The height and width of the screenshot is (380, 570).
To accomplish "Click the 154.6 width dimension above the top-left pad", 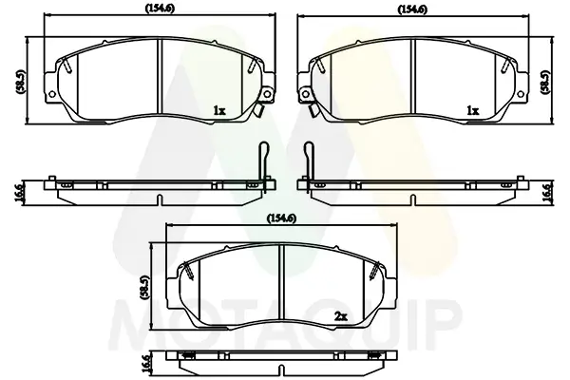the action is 160,8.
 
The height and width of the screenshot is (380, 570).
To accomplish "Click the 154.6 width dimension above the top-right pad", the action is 413,9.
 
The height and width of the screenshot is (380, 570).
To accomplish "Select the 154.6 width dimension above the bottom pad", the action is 281,218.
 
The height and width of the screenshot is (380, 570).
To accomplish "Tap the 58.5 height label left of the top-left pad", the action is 21,82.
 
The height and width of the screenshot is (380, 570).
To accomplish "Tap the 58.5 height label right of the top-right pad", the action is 545,82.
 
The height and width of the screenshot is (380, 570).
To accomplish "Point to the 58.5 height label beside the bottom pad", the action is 144,287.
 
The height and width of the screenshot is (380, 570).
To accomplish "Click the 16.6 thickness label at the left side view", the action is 19,193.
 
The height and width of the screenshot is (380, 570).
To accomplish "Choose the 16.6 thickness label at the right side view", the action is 547,193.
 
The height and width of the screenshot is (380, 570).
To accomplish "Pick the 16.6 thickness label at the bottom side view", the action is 145,364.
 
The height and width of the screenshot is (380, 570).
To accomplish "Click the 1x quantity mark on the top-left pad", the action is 219,110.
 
